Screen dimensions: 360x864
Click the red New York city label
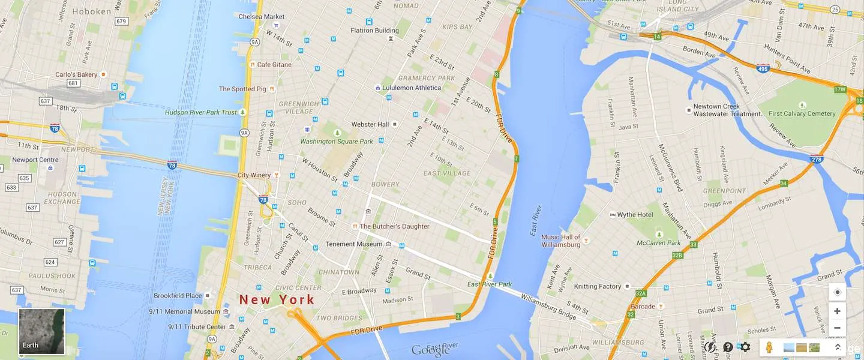point(277,299)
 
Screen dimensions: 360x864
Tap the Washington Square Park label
point(336,142)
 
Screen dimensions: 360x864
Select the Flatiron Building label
point(374,31)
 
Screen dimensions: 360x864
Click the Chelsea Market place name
point(262,17)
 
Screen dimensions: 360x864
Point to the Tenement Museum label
point(353,244)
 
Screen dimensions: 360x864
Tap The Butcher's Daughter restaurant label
point(394,226)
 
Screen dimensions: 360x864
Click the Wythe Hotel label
point(635,215)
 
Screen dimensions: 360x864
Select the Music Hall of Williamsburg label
point(560,241)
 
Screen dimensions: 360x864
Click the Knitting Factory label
point(597,287)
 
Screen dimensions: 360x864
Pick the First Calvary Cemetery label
point(802,113)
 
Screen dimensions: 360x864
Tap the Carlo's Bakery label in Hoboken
point(76,74)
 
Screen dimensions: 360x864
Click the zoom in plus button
point(837,311)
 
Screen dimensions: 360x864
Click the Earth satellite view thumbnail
point(41,331)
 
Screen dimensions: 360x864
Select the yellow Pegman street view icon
point(770,347)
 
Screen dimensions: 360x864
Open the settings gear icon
point(745,347)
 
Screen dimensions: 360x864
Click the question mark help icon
point(728,347)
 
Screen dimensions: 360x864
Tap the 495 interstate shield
point(763,70)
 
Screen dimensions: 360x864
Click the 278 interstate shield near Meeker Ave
point(817,159)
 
